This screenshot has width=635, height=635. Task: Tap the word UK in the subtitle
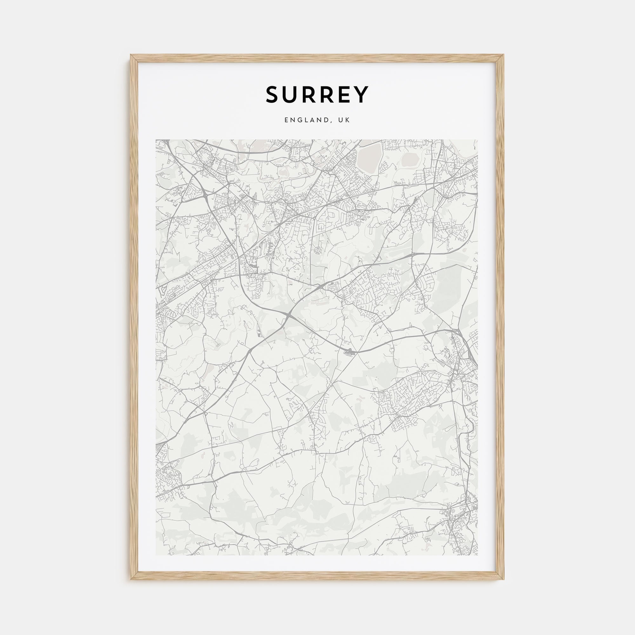click(346, 121)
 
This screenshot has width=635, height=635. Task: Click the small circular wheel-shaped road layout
click(318, 251)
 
